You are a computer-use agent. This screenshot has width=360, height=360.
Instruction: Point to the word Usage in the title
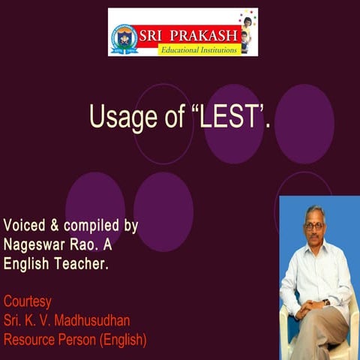point(115,117)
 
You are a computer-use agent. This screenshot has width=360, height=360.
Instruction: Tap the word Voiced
point(26,226)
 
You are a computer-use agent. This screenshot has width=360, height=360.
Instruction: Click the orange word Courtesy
point(28,301)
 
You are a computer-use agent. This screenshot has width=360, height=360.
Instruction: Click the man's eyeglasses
point(314,225)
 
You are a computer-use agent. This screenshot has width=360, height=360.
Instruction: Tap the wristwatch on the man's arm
point(325,301)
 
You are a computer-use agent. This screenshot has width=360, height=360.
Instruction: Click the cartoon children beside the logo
point(246,31)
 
